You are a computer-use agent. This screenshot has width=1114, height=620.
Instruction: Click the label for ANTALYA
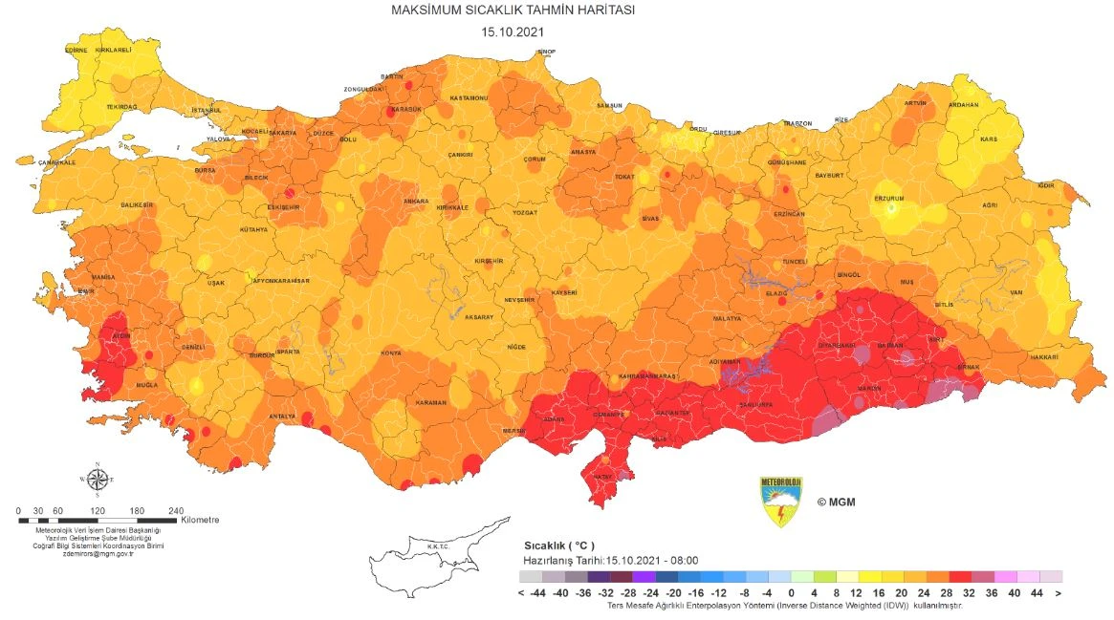coord(282,417)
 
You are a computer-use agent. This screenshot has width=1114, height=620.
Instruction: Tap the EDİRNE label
coord(76,50)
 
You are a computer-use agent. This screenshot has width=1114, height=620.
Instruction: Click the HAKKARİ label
coord(1043,356)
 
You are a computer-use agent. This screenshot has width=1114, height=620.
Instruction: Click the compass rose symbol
coord(97,479)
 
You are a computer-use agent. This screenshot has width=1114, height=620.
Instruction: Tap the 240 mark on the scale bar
coord(176,510)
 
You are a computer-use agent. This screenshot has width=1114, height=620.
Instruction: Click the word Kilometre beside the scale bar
coord(200,521)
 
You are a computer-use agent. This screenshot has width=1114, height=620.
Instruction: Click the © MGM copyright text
coord(835,501)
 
